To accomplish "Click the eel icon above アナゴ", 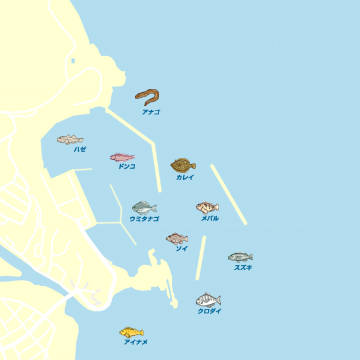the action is click(147, 97).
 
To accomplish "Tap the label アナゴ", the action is click(151, 112).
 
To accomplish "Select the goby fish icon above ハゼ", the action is click(69, 140).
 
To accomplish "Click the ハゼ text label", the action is click(80, 150).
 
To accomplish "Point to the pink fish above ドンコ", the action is click(122, 157).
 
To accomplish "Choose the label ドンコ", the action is click(126, 167).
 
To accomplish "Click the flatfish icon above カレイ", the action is click(183, 165).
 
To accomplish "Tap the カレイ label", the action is click(185, 177).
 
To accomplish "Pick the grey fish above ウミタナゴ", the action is click(144, 207).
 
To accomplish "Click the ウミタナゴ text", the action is click(144, 219).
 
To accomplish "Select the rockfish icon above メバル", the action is click(207, 207).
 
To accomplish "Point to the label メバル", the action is click(210, 219).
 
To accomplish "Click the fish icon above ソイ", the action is click(177, 238).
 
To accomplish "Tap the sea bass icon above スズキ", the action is click(240, 256).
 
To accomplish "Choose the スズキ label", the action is click(243, 268).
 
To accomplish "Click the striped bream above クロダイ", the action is click(208, 300).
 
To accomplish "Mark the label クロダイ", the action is click(210, 311).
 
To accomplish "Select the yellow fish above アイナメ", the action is click(131, 332).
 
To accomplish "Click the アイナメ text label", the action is click(136, 342).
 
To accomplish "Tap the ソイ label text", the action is click(181, 249).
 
